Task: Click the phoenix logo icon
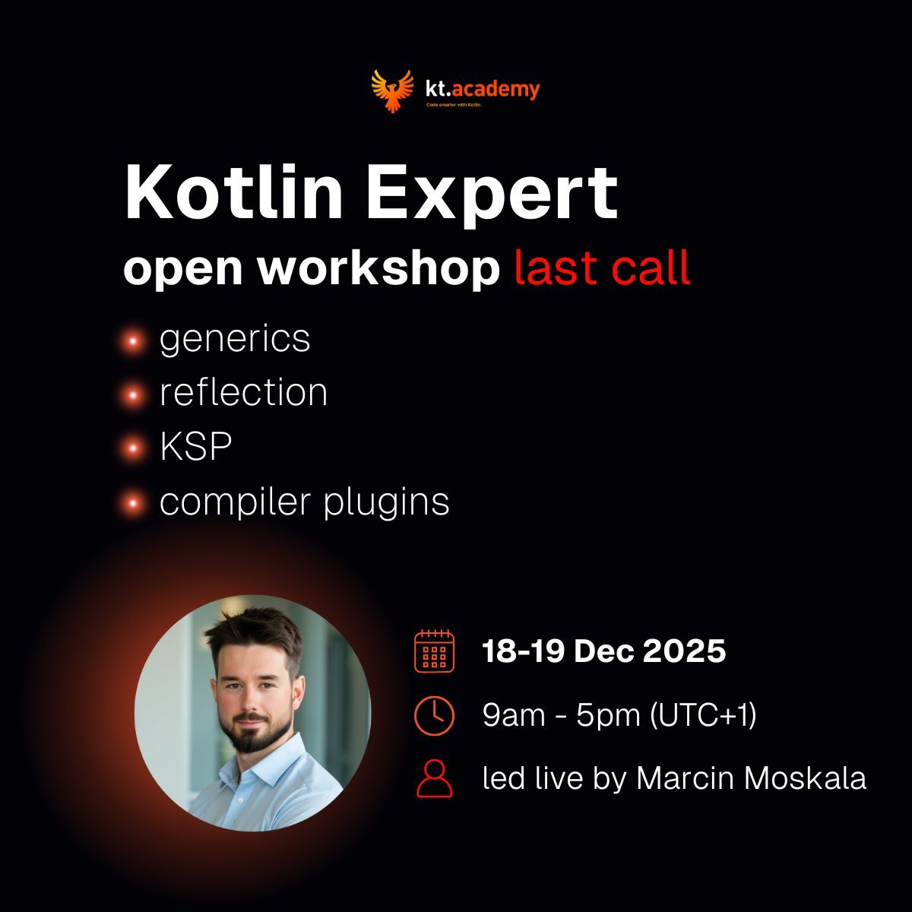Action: pos(392,90)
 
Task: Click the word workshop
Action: pos(379,268)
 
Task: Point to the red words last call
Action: pos(602,268)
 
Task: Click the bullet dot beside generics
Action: pos(134,341)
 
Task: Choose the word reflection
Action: pos(243,393)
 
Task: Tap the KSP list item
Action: pos(195,448)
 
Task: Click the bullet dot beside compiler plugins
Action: pos(134,502)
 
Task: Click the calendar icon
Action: pos(434,651)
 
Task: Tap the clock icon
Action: pos(434,715)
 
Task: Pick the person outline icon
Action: pos(434,777)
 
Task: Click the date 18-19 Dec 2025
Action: pos(603,651)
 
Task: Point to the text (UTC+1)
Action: pos(703,715)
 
